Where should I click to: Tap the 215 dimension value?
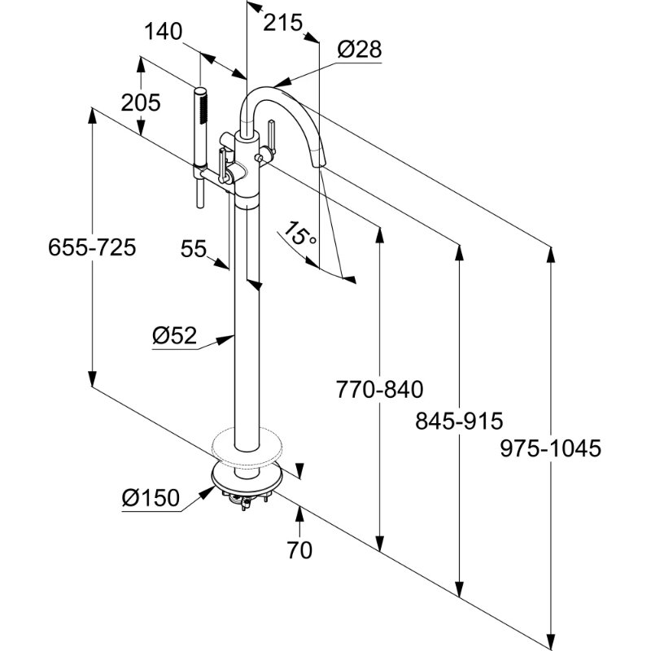click(x=284, y=23)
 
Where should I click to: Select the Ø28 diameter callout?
click(x=359, y=49)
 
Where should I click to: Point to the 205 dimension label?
click(x=141, y=103)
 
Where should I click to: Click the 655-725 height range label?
click(x=91, y=247)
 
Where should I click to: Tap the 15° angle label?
click(x=299, y=237)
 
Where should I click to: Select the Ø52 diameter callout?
click(x=174, y=335)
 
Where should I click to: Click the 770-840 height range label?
click(x=380, y=390)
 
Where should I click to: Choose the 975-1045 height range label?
click(x=551, y=448)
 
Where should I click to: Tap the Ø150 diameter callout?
click(x=150, y=496)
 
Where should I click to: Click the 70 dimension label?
click(x=299, y=550)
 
